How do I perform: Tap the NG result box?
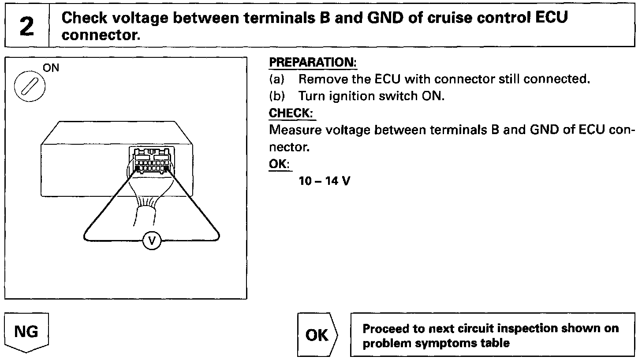pyautogui.click(x=26, y=332)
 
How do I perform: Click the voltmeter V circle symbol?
pyautogui.click(x=153, y=240)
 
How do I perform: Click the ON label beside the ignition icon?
pyautogui.click(x=51, y=68)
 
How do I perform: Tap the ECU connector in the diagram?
pyautogui.click(x=152, y=161)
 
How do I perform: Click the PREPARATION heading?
pyautogui.click(x=313, y=63)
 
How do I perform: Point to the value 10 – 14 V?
pyautogui.click(x=324, y=181)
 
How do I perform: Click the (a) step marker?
pyautogui.click(x=277, y=80)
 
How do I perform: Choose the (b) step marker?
pyautogui.click(x=277, y=97)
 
